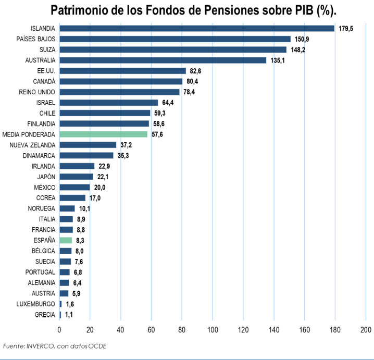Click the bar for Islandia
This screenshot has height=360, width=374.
(197, 28)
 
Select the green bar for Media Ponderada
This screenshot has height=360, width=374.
(104, 134)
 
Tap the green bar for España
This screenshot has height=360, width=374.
(66, 240)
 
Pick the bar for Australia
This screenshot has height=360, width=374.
(163, 60)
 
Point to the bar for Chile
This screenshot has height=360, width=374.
(105, 113)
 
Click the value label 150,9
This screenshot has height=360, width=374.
(303, 39)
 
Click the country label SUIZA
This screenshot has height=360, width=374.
(46, 49)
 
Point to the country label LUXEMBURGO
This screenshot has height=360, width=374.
(35, 304)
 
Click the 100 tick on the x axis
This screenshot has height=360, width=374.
(213, 329)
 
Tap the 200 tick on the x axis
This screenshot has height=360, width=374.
(366, 329)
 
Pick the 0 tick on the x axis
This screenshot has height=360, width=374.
(59, 329)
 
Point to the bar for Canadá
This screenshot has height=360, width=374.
(121, 81)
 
